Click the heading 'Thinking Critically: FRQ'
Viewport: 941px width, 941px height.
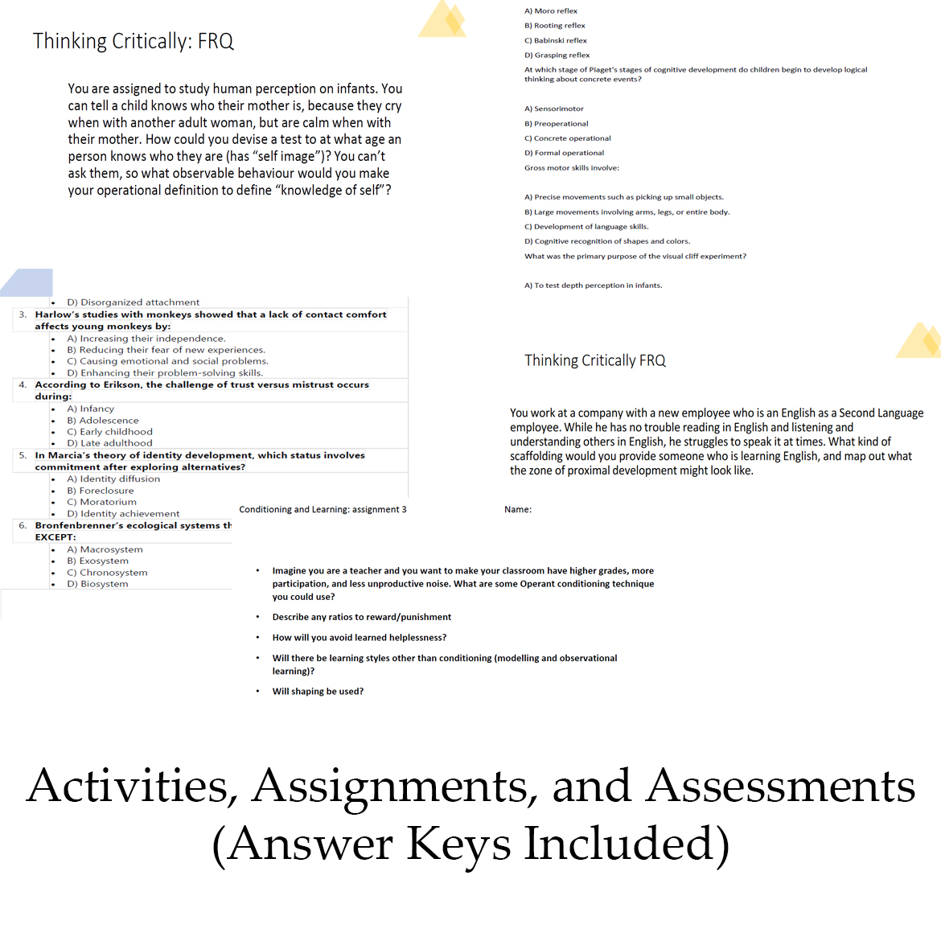click(x=134, y=41)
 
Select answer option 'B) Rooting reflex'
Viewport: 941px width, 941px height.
click(x=555, y=26)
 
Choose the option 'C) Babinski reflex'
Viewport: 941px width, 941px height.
click(x=556, y=40)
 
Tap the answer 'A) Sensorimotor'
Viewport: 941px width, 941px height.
click(x=554, y=109)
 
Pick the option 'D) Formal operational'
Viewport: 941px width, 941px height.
click(x=564, y=153)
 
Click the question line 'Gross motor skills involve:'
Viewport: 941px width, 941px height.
click(x=572, y=168)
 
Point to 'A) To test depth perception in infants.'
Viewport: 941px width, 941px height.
click(x=594, y=286)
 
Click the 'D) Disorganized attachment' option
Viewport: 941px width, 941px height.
click(x=133, y=302)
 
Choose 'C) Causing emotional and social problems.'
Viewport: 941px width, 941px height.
click(x=167, y=361)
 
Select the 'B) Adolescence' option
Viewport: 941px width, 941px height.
click(x=103, y=421)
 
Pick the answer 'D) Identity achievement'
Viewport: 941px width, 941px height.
click(x=123, y=514)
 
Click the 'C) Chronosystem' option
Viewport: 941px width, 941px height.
click(x=107, y=573)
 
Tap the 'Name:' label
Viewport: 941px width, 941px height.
click(x=518, y=509)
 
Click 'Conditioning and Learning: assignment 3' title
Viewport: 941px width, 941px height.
click(x=323, y=509)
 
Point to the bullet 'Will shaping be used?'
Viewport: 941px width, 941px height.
click(x=318, y=692)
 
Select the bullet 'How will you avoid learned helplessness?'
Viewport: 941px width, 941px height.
click(x=359, y=638)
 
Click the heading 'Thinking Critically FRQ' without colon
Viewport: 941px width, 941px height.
click(x=595, y=360)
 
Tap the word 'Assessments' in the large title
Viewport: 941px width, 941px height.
click(x=780, y=786)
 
